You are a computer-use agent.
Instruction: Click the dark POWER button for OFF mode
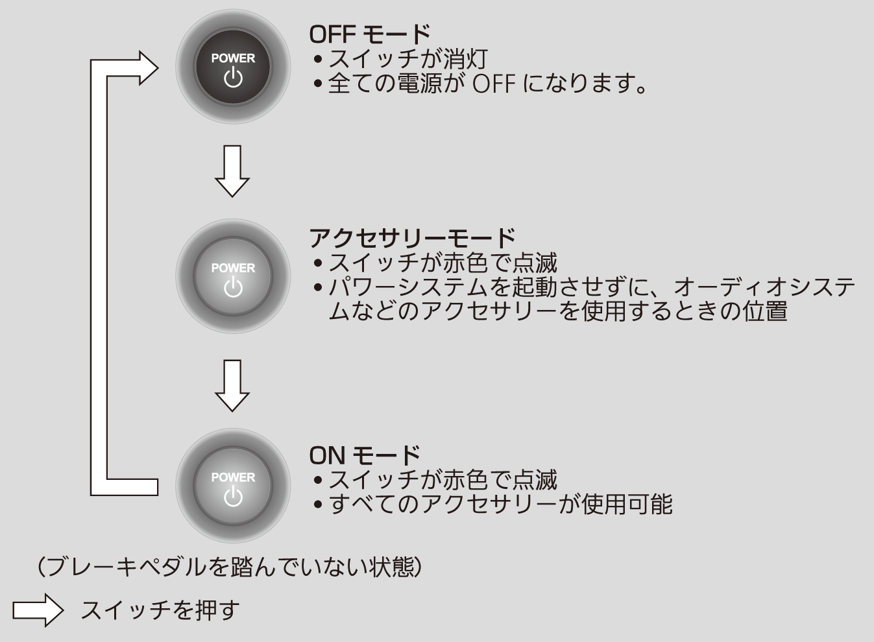(233, 67)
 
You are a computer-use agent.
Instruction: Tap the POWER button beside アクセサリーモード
(233, 277)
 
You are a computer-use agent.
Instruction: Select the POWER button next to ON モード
(233, 486)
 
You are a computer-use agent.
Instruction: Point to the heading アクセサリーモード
(412, 238)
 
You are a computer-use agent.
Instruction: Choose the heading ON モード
(365, 455)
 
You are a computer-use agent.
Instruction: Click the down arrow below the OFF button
(232, 171)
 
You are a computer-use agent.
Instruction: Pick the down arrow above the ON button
(232, 385)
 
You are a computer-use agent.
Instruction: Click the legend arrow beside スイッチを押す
(38, 610)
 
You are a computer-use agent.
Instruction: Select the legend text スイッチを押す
(160, 610)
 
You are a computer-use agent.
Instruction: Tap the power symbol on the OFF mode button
(233, 78)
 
